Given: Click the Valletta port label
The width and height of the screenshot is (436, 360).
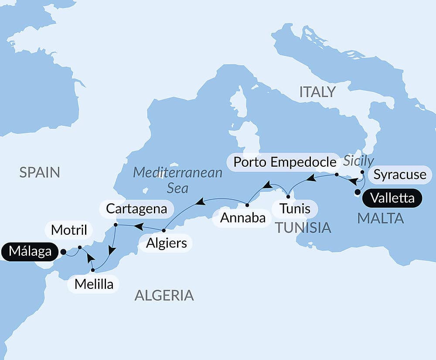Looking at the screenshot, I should pos(392,198).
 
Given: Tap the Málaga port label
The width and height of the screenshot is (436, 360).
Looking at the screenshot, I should pos(29,252).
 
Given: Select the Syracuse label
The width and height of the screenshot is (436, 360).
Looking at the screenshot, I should pos(400,175).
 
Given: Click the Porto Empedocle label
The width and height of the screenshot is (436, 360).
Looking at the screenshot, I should pos(285,162).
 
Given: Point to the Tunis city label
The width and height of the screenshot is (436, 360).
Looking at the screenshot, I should pos(295,209).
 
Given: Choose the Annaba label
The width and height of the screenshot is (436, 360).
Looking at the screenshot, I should pos(243,218).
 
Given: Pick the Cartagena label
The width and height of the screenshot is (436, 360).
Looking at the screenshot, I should pos(136,209).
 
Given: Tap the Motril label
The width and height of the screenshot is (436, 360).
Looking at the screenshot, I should pos(70,230).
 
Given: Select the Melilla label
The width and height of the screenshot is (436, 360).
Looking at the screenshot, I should pos(94,284).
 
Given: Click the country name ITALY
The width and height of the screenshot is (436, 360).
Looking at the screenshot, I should pos(317,92).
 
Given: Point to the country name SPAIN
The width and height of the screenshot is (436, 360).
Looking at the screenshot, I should pos(39,172).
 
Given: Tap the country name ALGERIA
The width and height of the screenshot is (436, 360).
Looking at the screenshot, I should pos(164,295).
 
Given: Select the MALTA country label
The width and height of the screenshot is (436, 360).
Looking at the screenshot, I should pos(380,218).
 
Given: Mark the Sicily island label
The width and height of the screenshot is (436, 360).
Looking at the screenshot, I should pos(358,161).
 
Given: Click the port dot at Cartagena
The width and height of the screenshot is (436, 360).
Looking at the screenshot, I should pos(116,225).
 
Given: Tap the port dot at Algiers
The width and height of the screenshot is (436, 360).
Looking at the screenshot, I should pos(163,230).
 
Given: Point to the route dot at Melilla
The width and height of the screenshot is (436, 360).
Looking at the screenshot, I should pos(93,271).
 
